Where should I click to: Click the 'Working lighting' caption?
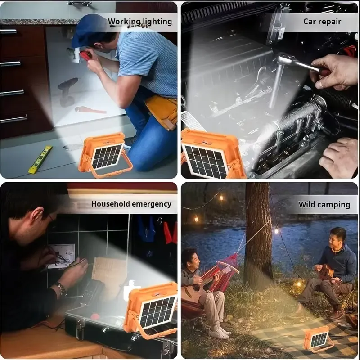pos(139,21)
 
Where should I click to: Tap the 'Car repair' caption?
pos(322,21)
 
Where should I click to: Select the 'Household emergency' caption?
pos(131,204)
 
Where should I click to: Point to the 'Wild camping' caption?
pos(324,205)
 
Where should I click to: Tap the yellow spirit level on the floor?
pos(40,160)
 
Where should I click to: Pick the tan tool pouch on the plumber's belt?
pos(162,111)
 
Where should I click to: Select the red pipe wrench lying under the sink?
pos(90,110)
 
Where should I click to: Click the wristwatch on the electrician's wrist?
pos(61,288)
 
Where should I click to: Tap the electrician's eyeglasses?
pos(50,219)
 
